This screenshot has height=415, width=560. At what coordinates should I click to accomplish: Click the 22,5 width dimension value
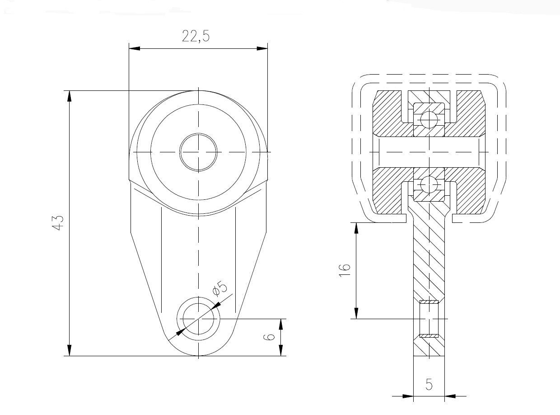196,37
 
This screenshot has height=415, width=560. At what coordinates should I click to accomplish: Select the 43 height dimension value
57,223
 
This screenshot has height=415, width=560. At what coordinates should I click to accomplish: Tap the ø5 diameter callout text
220,288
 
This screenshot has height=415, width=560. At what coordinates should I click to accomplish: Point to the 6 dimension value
269,337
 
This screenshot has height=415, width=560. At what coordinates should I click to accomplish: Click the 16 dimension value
345,270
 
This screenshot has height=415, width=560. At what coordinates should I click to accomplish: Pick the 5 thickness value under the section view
429,384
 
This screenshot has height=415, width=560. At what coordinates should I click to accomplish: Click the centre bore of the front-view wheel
198,152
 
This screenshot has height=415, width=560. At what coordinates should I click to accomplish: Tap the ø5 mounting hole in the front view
198,319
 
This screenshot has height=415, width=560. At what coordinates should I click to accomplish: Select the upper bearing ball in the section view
429,119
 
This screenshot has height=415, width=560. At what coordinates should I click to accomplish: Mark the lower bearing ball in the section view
429,184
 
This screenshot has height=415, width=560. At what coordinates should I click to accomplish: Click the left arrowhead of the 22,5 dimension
134,48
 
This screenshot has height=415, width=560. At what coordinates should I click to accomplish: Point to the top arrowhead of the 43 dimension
70,96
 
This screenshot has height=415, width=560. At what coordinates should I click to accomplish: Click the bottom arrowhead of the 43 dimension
70,350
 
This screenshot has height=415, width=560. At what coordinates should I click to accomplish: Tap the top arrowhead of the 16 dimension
356,228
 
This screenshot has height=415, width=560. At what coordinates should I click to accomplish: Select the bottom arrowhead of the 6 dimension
281,350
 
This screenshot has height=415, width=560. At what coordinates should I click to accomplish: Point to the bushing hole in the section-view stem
429,319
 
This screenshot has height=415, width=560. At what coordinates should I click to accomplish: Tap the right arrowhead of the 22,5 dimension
262,48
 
